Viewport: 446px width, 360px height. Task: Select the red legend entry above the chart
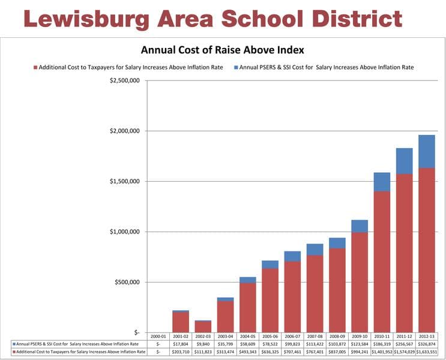tap(128, 68)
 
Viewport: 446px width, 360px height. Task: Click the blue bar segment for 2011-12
tap(405, 161)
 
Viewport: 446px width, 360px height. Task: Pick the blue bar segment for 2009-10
tap(360, 226)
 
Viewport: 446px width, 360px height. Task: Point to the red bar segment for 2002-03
tap(203, 327)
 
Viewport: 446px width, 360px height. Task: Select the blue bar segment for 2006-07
tap(293, 256)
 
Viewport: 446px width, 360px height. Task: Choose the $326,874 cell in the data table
tap(427, 344)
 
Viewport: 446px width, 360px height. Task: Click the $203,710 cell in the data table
tap(181, 352)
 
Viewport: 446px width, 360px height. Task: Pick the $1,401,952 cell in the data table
tap(382, 352)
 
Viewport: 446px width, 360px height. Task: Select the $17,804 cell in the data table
tap(181, 344)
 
